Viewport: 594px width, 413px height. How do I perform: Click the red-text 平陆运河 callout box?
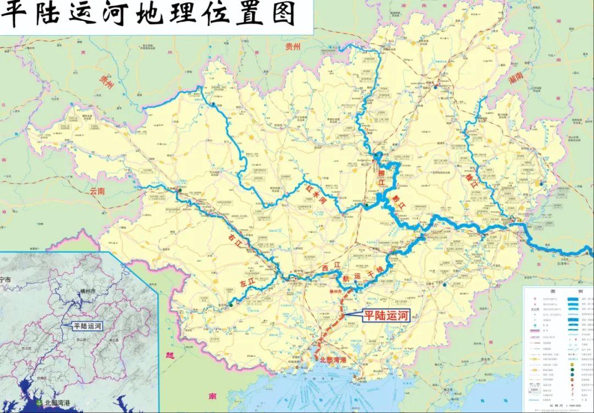(x=386, y=315)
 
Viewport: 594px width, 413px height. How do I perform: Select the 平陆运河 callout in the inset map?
(x=87, y=324)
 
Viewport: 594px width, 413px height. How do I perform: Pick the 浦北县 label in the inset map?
(x=114, y=340)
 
